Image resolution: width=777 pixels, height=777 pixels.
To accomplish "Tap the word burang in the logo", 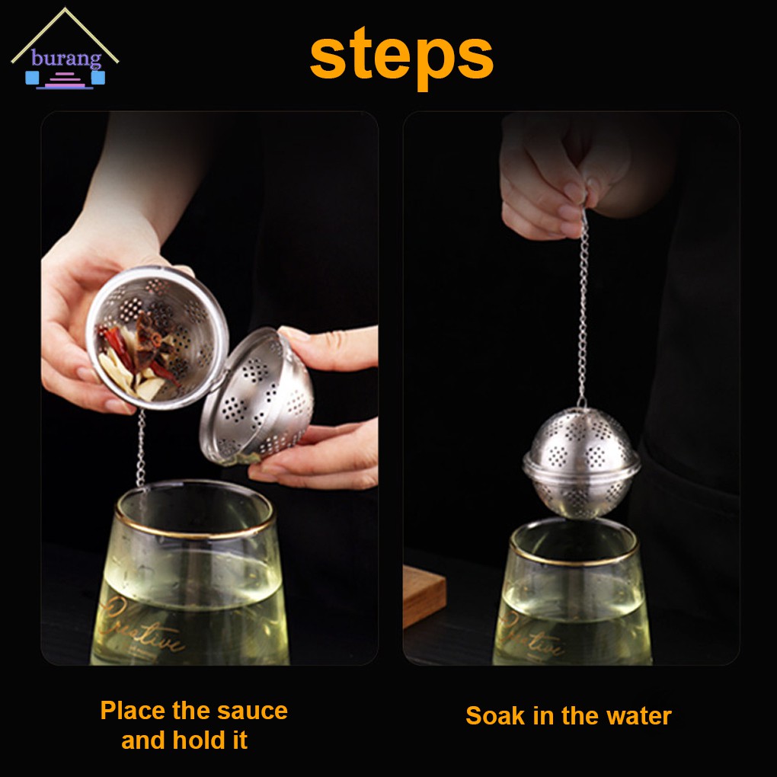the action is point(66,58).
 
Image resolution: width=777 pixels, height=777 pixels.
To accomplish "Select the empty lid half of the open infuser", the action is point(256,395).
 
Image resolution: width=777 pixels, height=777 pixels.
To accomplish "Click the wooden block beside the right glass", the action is point(424,596).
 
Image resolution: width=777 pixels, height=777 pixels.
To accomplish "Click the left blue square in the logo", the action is point(32,77).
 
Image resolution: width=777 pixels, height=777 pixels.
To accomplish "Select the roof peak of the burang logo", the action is point(65,8).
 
